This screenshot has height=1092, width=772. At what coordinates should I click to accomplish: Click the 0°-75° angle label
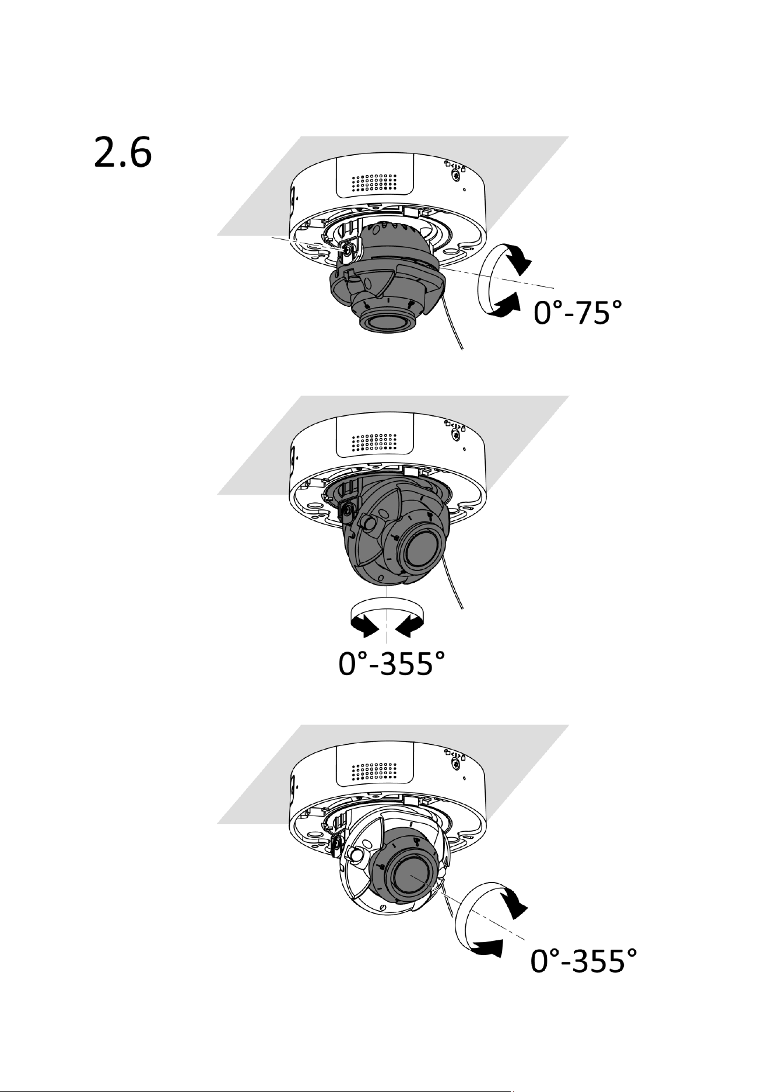pos(575,316)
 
